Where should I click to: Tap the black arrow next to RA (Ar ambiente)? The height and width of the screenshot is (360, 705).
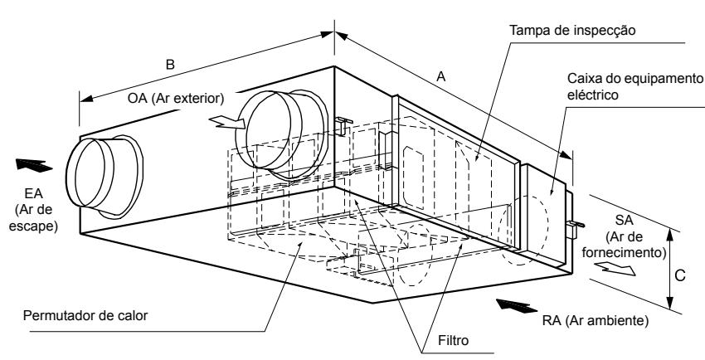[511, 307]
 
